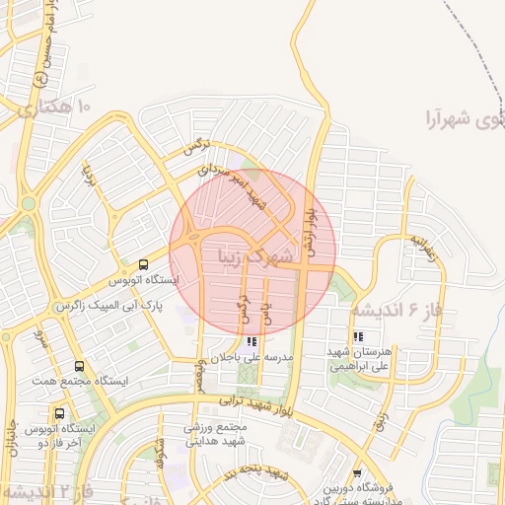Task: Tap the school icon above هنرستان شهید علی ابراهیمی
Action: (356, 335)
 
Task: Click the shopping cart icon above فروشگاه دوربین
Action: (356, 473)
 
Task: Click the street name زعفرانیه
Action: (422, 246)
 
